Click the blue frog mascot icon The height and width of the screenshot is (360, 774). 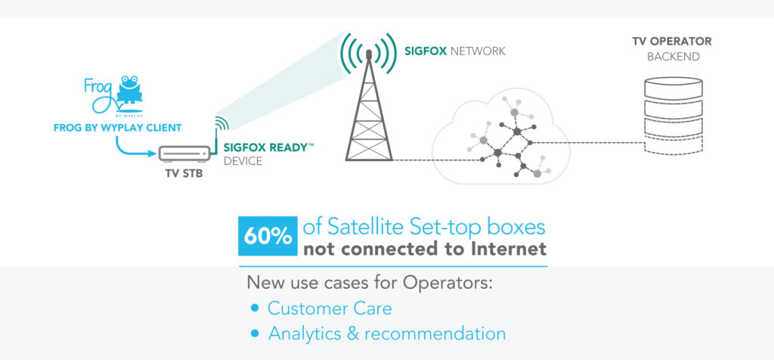coord(129,90)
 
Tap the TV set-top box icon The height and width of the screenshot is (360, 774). coord(184,154)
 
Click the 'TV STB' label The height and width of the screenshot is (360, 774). coord(184,173)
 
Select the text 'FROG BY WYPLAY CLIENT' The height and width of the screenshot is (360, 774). coord(117,129)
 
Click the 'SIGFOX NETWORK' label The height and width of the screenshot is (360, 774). coord(454,51)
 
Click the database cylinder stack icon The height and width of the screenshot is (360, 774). coord(673,114)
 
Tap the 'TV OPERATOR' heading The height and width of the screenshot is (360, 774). coord(672,42)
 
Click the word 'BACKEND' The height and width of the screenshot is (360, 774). coord(673,57)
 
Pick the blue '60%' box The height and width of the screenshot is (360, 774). coord(268,236)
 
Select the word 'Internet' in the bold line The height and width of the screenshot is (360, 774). coord(510,248)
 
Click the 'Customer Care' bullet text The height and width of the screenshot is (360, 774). coord(330,309)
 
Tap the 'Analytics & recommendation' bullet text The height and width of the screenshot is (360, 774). coord(387,334)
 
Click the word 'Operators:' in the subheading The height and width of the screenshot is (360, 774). coord(448,284)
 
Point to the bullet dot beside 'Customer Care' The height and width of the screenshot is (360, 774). coord(255,308)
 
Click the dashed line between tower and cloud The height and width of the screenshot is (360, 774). coord(438,160)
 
